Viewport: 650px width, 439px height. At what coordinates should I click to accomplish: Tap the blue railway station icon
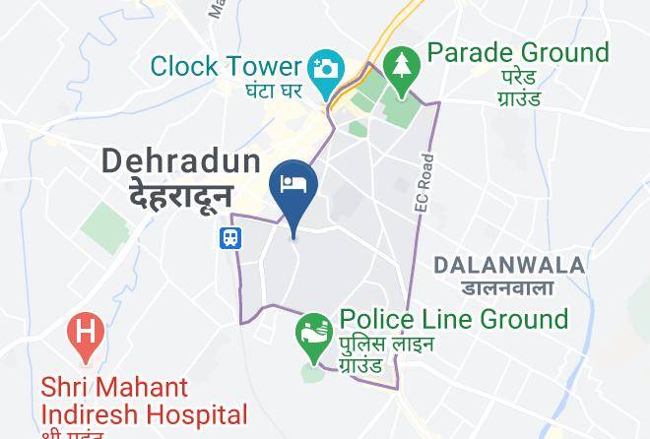coord(228,237)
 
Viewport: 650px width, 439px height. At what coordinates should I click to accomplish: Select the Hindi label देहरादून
coord(181,193)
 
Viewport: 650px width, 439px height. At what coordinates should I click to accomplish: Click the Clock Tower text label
coord(225,68)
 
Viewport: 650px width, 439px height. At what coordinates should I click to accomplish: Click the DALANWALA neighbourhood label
coord(509,265)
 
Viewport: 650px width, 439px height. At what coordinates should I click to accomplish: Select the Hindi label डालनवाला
coord(507,287)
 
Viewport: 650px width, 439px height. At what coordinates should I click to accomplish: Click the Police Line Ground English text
coord(454,319)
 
